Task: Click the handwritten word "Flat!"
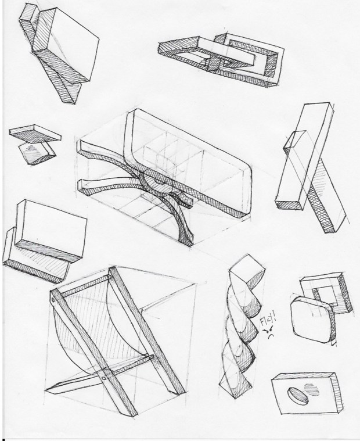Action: click(268, 320)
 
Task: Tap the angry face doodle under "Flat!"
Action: click(269, 332)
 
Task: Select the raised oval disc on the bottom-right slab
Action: click(297, 396)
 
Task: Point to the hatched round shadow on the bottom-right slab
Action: click(312, 390)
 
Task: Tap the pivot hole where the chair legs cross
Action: click(104, 378)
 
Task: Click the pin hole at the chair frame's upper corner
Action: click(53, 300)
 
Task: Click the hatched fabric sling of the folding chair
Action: click(93, 324)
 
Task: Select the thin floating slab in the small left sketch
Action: click(35, 134)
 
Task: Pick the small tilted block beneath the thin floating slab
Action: click(37, 154)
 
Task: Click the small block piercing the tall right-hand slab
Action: click(292, 140)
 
